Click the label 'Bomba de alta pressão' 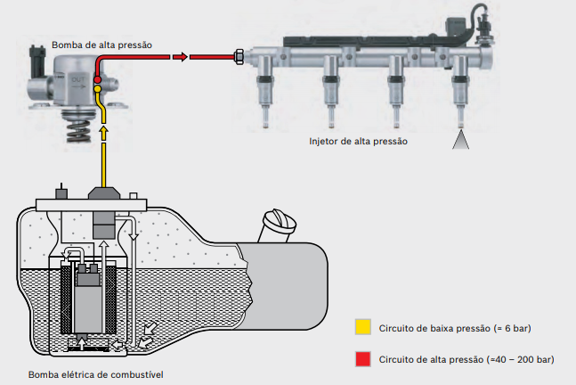102,44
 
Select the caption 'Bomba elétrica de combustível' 96,373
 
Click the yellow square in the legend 362,328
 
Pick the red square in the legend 362,359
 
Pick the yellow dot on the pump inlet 98,90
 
